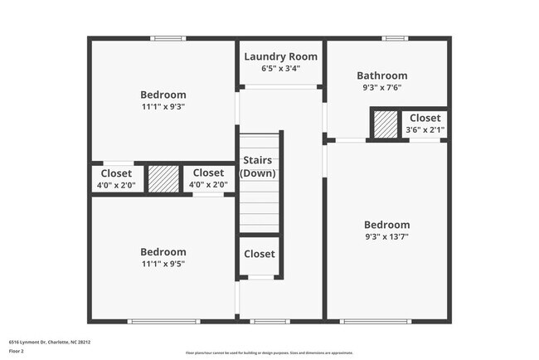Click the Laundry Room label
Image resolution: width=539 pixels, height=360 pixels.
[280, 56]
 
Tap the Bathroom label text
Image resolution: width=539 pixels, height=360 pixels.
[381, 75]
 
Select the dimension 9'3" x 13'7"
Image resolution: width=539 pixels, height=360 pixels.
[386, 236]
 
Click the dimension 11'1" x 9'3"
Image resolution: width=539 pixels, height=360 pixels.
[163, 106]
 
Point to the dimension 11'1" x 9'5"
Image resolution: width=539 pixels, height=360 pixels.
[163, 264]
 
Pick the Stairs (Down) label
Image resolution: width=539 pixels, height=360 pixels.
[258, 167]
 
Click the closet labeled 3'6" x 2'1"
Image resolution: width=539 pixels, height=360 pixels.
[425, 124]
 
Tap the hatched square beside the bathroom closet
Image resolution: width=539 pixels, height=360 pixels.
[385, 125]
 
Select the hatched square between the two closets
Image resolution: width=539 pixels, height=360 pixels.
[163, 179]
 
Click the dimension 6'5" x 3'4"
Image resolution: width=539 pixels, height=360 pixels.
[280, 69]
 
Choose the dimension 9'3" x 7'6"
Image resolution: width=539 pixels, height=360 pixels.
[381, 87]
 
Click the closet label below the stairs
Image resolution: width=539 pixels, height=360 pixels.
[260, 254]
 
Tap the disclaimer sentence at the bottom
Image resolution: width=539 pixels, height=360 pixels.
[269, 353]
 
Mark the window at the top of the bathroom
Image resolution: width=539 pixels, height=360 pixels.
[395, 38]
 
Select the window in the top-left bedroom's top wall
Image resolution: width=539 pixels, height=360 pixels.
[169, 38]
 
